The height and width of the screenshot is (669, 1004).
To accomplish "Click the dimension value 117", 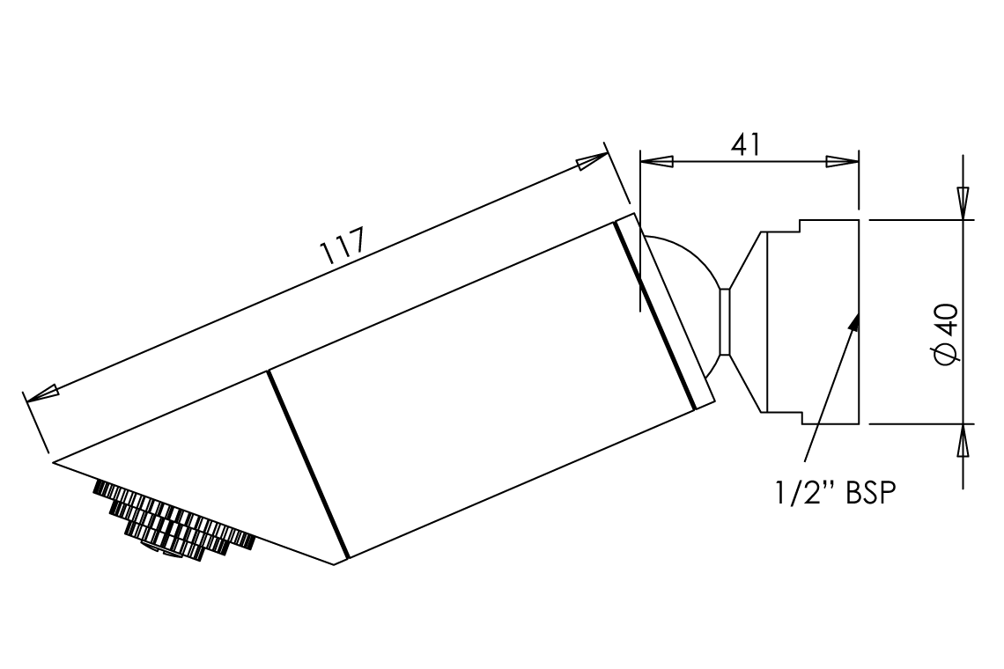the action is click(x=343, y=246).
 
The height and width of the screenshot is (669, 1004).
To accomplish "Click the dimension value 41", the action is click(x=746, y=144).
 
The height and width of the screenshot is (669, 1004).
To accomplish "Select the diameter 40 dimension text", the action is click(x=947, y=334).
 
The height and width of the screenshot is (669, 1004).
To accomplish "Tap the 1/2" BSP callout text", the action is click(x=835, y=493).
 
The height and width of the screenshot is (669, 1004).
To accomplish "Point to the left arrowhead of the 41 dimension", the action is click(x=656, y=162).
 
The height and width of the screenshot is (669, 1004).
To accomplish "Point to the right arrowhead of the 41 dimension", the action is click(x=842, y=162).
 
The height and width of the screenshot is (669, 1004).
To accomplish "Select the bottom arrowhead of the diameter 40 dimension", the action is click(x=963, y=440).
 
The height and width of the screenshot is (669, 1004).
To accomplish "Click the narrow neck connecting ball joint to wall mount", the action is click(x=725, y=322).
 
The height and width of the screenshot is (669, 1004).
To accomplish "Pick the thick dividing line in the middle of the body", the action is click(x=308, y=464).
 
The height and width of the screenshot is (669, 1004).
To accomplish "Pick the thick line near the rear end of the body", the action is click(x=655, y=315).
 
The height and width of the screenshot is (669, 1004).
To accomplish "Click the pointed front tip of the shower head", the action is click(x=54, y=462).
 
